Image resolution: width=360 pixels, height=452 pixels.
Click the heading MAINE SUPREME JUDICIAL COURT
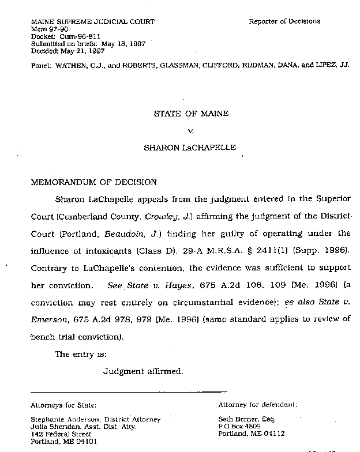coord(92,22)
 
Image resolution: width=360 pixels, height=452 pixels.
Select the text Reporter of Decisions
coord(284,21)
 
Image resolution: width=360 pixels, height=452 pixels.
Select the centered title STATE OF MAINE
coord(191,114)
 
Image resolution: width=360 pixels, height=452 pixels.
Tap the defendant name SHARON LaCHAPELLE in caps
coord(190,148)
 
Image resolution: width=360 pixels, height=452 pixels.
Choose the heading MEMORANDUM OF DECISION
coord(93,182)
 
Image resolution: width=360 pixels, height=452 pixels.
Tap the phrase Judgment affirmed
coord(143,371)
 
